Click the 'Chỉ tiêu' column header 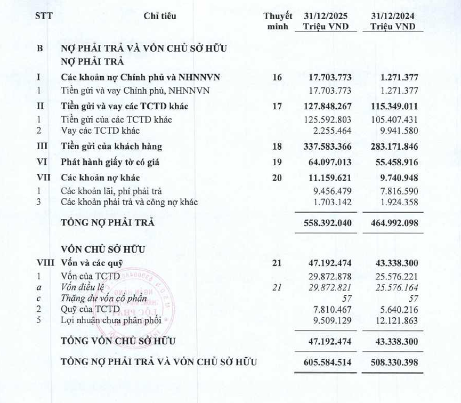coord(160,16)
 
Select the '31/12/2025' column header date coord(326,16)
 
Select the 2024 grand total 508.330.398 coord(394,362)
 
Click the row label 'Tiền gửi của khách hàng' coord(111,147)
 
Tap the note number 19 coord(277,162)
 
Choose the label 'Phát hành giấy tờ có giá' coord(110,162)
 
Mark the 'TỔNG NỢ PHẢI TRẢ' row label coord(108,223)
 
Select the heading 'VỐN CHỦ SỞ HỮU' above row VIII coord(103,249)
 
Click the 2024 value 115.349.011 coord(394,106)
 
